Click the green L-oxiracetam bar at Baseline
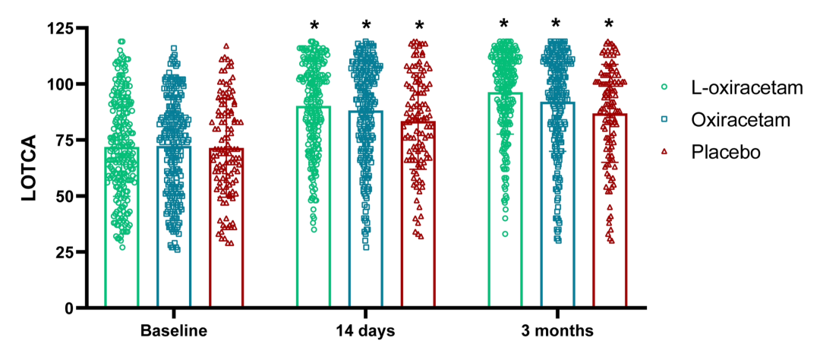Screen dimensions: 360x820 coord(121,228)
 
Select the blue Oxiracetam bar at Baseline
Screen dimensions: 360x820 coord(174,228)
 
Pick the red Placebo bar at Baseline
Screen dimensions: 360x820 coord(226,228)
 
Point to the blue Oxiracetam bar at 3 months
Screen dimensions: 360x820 coord(557,204)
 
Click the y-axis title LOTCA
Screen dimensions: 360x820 coord(28,169)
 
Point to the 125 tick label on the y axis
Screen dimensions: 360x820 coord(66,29)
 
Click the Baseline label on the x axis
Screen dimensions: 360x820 coord(174,331)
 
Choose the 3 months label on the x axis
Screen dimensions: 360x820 coord(557,331)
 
